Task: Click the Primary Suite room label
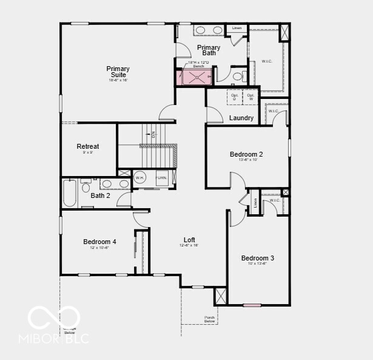118,72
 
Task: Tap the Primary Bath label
209,50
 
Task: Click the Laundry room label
241,118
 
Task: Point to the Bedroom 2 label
246,154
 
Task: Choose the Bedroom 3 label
258,258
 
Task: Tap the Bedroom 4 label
99,242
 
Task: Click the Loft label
189,240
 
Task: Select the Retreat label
88,146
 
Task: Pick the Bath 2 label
100,195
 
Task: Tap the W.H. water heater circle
140,178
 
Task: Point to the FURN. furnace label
161,178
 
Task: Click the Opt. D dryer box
235,97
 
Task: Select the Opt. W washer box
250,97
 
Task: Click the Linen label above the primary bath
237,28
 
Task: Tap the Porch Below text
210,319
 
